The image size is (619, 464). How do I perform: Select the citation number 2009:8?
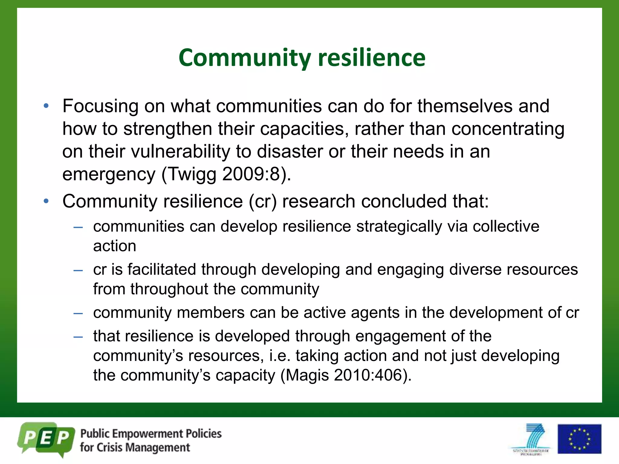[x=251, y=174]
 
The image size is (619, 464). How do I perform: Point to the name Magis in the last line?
[x=307, y=375]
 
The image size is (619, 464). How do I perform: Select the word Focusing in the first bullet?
[x=100, y=106]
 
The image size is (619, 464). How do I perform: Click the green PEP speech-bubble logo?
[x=46, y=439]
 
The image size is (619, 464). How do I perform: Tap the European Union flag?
[x=579, y=439]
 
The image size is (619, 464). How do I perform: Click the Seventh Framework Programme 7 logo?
[x=531, y=439]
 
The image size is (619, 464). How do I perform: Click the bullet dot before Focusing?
[x=46, y=106]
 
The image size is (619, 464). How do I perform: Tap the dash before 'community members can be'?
[x=78, y=313]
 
